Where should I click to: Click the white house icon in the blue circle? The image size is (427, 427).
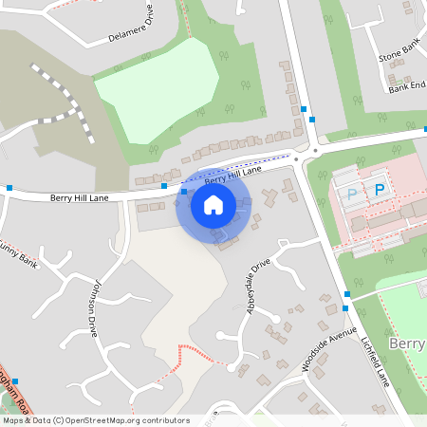click(213, 204)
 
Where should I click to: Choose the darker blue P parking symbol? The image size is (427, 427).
click(380, 191)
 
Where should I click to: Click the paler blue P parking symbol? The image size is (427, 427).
click(352, 195)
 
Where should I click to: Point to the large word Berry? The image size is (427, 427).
click(407, 343)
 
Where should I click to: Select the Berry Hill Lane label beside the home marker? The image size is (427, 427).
click(232, 176)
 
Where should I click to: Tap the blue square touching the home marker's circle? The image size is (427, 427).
click(183, 192)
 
